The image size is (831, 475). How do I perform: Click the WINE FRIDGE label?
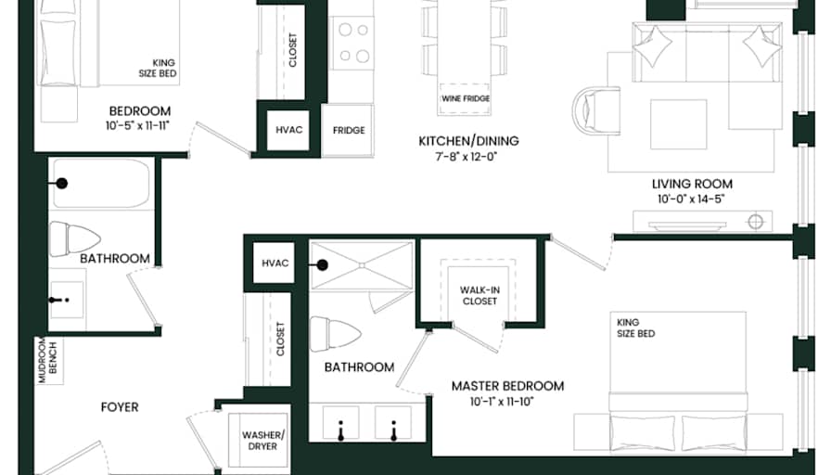(x=466, y=98)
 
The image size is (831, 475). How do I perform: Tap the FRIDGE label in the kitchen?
(x=349, y=131)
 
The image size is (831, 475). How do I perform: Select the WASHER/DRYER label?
(x=262, y=441)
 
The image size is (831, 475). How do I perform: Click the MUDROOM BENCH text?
(x=47, y=361)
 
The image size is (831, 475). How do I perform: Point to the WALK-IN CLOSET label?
(x=479, y=296)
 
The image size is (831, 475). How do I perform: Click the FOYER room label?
(x=120, y=407)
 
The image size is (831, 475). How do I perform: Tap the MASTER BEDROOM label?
(x=507, y=386)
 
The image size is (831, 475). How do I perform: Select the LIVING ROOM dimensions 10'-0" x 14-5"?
(x=691, y=199)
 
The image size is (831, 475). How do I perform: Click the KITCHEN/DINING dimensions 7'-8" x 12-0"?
(x=467, y=157)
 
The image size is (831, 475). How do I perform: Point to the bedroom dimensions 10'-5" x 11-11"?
(x=137, y=125)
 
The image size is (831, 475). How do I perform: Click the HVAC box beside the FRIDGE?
(x=288, y=130)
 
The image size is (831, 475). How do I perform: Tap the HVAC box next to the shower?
(x=275, y=263)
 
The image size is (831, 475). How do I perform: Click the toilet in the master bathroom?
(x=335, y=334)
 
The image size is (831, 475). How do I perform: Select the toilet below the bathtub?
(x=74, y=239)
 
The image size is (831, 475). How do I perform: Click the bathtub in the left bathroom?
(x=101, y=184)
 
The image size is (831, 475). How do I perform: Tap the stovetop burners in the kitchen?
(x=353, y=43)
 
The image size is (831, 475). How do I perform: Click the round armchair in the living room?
(x=596, y=110)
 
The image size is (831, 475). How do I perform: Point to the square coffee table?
(x=678, y=124)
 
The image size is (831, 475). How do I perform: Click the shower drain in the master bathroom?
(x=362, y=265)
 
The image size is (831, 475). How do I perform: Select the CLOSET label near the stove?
(x=293, y=50)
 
